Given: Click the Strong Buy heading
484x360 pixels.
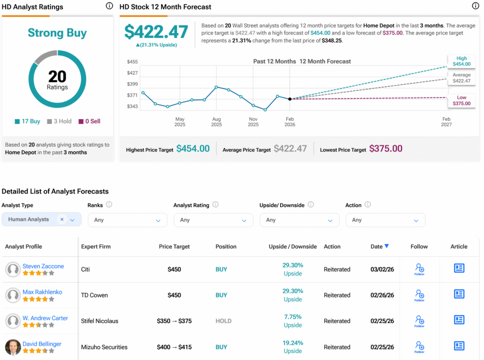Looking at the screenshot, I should click(x=57, y=33).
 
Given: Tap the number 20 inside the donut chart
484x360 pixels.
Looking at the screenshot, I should click(x=57, y=76).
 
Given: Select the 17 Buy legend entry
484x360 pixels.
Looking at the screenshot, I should click(x=27, y=121).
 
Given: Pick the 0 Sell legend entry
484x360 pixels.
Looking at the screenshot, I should click(x=89, y=121).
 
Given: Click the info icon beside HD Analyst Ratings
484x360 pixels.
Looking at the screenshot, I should click(x=109, y=6).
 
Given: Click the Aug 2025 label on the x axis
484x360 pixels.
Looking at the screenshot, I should click(x=216, y=122).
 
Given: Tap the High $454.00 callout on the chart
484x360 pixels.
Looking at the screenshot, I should click(x=461, y=61).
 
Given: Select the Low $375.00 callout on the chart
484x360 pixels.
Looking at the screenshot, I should click(x=461, y=100).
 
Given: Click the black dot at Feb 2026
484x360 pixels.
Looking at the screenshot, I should click(x=290, y=99).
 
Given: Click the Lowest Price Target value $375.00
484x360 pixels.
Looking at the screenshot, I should click(x=386, y=149).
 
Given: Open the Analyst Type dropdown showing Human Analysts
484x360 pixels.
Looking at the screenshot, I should click(x=42, y=220).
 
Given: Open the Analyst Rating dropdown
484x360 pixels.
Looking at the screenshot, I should click(x=213, y=220).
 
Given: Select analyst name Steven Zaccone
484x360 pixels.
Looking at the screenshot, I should click(x=43, y=266).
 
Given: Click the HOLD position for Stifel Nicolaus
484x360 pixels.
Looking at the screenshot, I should click(x=224, y=321).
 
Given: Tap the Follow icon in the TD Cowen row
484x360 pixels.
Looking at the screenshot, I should click(x=419, y=295).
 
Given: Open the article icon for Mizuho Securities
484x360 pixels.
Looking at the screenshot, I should click(x=458, y=346).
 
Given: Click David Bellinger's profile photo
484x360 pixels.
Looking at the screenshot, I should click(x=13, y=347).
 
